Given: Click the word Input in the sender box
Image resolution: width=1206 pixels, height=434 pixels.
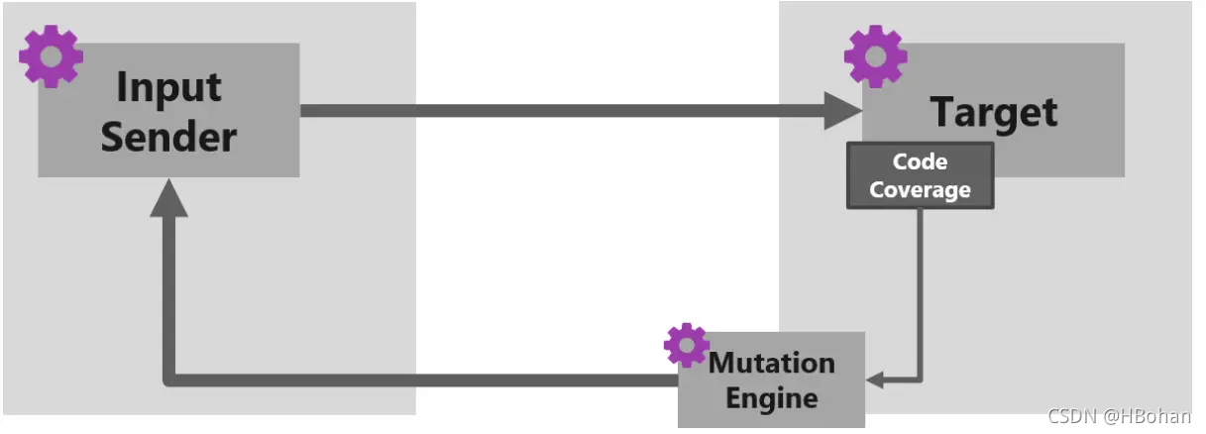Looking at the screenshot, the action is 168,87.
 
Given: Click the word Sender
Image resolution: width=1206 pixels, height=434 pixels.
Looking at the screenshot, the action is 168,136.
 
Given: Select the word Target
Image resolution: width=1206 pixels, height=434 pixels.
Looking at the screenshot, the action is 994,112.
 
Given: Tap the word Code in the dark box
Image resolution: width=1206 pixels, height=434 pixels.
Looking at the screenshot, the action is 920,162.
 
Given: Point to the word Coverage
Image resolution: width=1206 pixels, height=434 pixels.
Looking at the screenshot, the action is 920,189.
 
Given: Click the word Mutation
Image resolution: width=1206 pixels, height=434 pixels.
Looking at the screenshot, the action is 772,362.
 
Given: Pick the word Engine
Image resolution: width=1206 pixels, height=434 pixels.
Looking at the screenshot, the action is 772,398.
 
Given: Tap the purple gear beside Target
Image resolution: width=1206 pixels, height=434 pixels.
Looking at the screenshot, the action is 875,56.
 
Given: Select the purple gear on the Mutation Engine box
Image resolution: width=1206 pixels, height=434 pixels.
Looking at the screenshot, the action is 686,345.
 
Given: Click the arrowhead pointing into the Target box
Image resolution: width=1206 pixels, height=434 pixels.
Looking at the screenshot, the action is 845,109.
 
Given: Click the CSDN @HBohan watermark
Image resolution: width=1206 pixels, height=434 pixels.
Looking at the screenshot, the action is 1119,415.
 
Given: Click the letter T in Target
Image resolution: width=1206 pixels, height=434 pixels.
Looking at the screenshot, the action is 942,111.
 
